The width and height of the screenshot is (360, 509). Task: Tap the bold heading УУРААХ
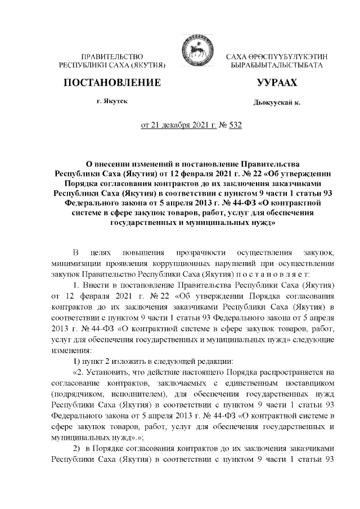pos(276,83)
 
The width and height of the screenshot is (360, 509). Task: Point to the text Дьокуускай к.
pos(277,103)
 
